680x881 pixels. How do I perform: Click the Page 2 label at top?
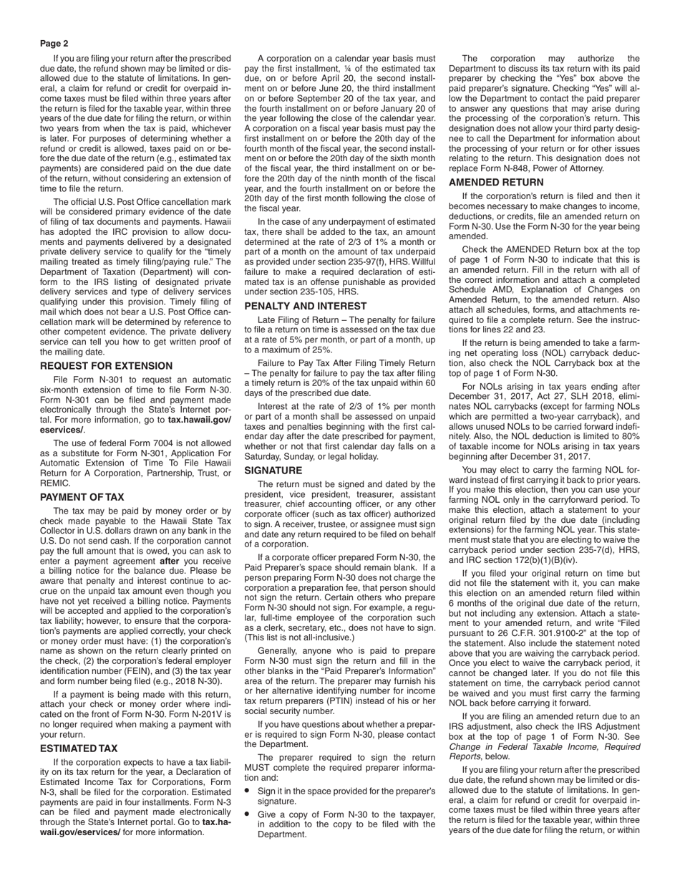tap(54, 44)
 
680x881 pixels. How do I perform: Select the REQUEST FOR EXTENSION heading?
tap(107, 366)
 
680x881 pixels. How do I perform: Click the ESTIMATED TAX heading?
tap(79, 748)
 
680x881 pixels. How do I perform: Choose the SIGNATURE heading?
tap(273, 471)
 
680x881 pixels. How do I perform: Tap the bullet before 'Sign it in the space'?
tap(248, 791)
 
